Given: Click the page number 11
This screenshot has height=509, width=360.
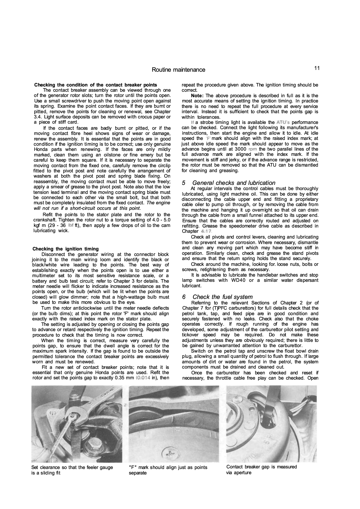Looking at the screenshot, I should pyautogui.click(x=316, y=68).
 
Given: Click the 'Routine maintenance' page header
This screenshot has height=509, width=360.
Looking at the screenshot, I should pyautogui.click(x=178, y=70).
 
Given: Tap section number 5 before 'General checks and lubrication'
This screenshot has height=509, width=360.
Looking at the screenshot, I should pyautogui.click(x=184, y=183).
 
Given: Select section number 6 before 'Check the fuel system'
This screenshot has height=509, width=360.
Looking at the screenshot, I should pyautogui.click(x=184, y=297).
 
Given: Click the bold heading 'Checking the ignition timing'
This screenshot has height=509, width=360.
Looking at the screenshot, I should pyautogui.click(x=66, y=249).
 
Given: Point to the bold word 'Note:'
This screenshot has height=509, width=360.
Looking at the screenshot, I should pyautogui.click(x=197, y=95).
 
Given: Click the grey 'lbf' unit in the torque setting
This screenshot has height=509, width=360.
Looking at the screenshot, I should pyautogui.click(x=71, y=225).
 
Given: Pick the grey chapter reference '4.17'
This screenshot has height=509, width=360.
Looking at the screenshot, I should pyautogui.click(x=206, y=232).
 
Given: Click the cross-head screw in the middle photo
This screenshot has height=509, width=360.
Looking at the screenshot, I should pyautogui.click(x=169, y=451).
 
